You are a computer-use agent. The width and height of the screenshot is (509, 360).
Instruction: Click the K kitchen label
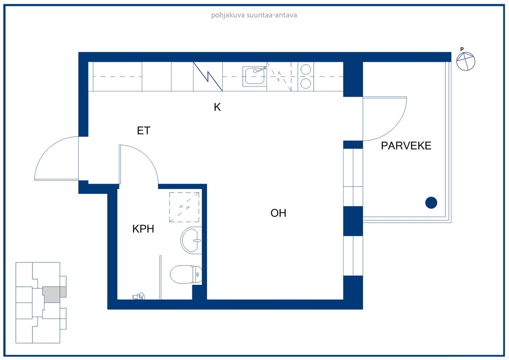pyautogui.click(x=217, y=107)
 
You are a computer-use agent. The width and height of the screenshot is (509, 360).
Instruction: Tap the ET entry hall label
pyautogui.click(x=143, y=131)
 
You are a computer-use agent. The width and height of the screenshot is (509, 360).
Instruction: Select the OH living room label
pyautogui.click(x=278, y=213)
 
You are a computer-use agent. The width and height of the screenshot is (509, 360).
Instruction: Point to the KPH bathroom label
pyautogui.click(x=143, y=229)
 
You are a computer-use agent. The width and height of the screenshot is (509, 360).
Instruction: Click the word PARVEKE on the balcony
pyautogui.click(x=406, y=146)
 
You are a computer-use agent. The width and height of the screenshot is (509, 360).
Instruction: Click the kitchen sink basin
pyautogui.click(x=254, y=76)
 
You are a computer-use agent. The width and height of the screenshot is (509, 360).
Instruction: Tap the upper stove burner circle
pyautogui.click(x=306, y=69)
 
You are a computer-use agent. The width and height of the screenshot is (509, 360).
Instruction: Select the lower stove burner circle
pyautogui.click(x=306, y=84)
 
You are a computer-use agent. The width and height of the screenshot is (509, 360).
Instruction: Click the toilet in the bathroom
pyautogui.click(x=186, y=274)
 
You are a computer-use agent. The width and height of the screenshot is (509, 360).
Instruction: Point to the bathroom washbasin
pyautogui.click(x=191, y=240)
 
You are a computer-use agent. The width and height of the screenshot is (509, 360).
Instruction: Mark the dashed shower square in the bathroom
pyautogui.click(x=184, y=207)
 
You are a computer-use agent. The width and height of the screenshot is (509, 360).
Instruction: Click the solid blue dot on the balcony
pyautogui.click(x=431, y=203)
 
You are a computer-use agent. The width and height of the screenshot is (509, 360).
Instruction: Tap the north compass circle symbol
pyautogui.click(x=466, y=61)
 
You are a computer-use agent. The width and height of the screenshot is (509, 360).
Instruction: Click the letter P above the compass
pyautogui.click(x=462, y=49)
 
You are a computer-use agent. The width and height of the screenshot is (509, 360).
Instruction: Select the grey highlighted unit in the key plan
pyautogui.click(x=54, y=294)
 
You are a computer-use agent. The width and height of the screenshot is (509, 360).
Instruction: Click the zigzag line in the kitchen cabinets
pyautogui.click(x=208, y=76)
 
